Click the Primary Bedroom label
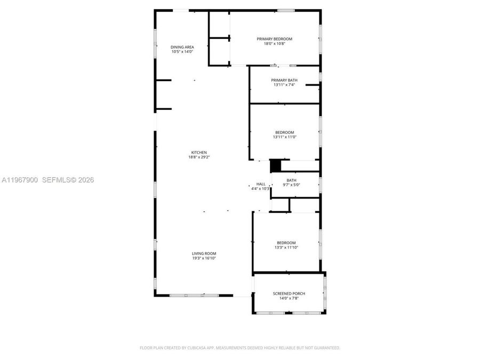pyautogui.click(x=274, y=39)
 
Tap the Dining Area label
pyautogui.click(x=182, y=47)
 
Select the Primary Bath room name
pyautogui.click(x=284, y=80)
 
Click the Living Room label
pyautogui.click(x=204, y=253)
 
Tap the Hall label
pyautogui.click(x=260, y=184)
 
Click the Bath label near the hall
pyautogui.click(x=291, y=180)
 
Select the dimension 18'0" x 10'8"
pyautogui.click(x=275, y=44)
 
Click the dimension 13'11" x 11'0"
pyautogui.click(x=284, y=137)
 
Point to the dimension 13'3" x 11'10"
pyautogui.click(x=286, y=247)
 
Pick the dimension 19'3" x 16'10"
pyautogui.click(x=204, y=258)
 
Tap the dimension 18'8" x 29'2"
pyautogui.click(x=197, y=157)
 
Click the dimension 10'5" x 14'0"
pyautogui.click(x=182, y=52)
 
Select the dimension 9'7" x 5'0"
pyautogui.click(x=291, y=185)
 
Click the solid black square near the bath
pyautogui.click(x=275, y=166)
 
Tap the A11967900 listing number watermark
pyautogui.click(x=19, y=180)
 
